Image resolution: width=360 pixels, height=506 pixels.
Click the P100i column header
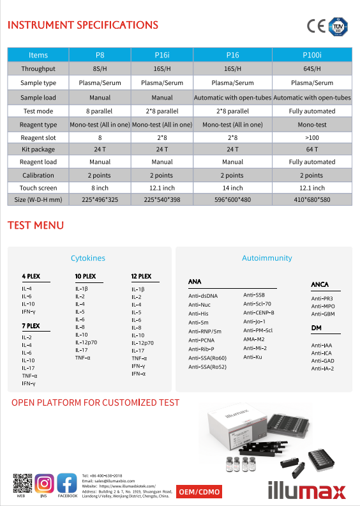pos(312,55)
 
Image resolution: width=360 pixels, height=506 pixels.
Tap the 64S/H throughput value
pos(312,69)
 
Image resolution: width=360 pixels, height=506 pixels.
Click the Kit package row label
pos(38,149)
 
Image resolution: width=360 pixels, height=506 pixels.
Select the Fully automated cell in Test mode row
pos(312,111)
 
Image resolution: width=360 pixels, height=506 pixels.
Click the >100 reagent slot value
pos(312,137)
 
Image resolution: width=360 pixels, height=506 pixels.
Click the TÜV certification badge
pos(340,26)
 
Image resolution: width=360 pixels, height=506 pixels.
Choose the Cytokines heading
pos(88,258)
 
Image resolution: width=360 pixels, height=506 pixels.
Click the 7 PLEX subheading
pos(31,326)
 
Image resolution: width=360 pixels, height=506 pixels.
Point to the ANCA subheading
pos(320,284)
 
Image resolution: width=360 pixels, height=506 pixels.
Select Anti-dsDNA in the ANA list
pos(203,296)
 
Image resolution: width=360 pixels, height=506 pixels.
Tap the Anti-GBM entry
pos(322,314)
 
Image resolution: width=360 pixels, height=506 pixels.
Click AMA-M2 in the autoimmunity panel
pos(254,339)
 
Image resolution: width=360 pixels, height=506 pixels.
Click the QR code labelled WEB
pos(22,482)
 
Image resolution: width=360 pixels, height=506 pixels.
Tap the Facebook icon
pos(67,482)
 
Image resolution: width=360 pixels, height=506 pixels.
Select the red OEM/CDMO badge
pos(199,492)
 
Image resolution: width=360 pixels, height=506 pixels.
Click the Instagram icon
pos(44,482)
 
